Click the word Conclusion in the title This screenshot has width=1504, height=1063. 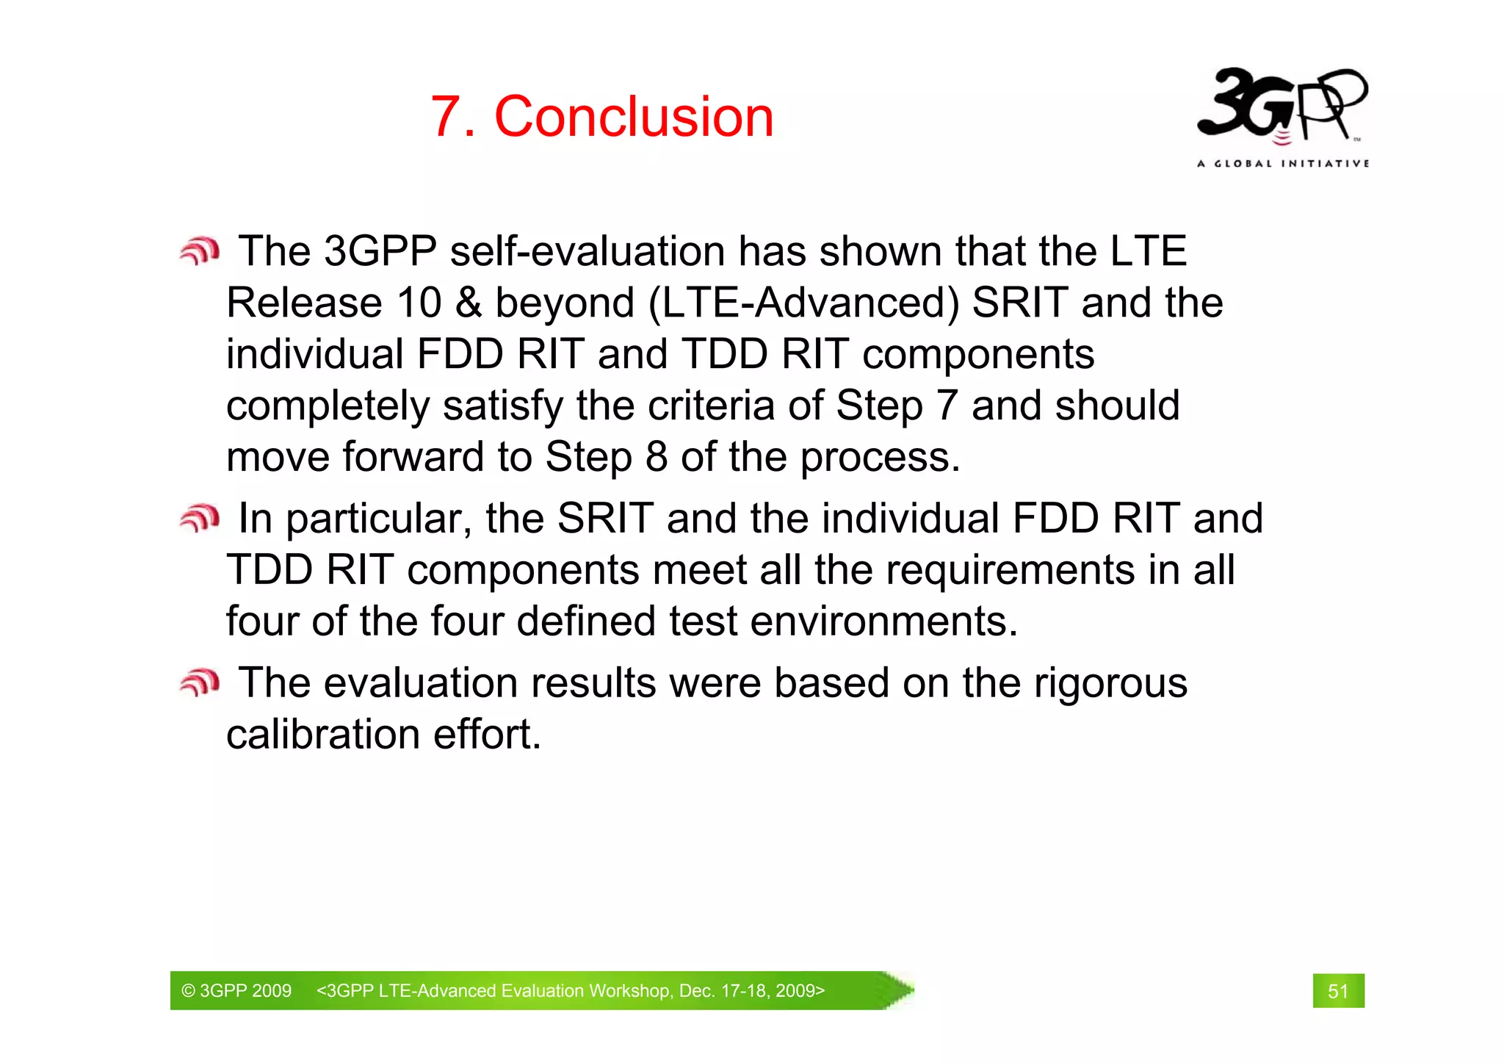point(634,117)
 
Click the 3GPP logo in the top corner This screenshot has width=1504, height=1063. point(1281,104)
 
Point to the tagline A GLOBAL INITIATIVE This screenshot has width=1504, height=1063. point(1282,163)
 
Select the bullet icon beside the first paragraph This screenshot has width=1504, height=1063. point(200,251)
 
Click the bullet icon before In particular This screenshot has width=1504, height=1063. point(200,519)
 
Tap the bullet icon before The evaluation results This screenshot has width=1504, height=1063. point(200,683)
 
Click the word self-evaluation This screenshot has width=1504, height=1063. point(587,251)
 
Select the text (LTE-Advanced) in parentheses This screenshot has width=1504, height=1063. point(803,303)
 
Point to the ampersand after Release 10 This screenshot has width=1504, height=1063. point(468,303)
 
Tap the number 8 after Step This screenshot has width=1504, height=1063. point(656,457)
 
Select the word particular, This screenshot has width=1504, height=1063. point(378,519)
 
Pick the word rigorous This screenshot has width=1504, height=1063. point(1110,683)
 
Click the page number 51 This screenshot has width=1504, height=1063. point(1338,991)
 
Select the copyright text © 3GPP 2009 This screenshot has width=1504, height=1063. point(236,991)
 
